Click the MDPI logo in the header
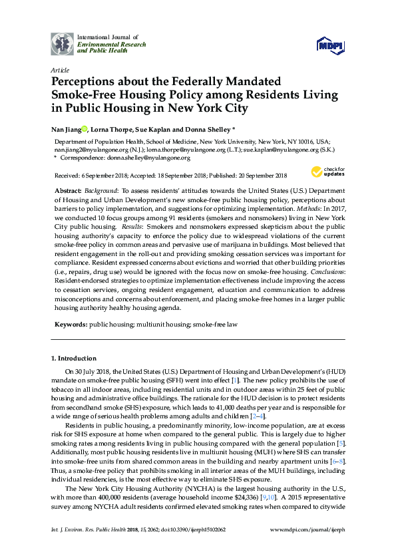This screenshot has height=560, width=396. [331, 46]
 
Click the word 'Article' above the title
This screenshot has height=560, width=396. [59, 69]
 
